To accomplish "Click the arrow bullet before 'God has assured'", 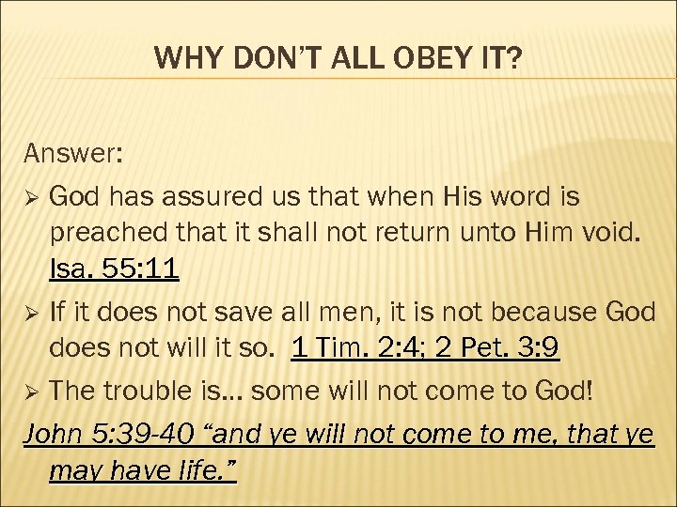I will tap(31, 198).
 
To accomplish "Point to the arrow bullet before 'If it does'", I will tap(31, 311).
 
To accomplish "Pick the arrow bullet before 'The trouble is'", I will tap(31, 391).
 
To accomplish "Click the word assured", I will tap(204, 197).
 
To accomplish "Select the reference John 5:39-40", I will tap(109, 434).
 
